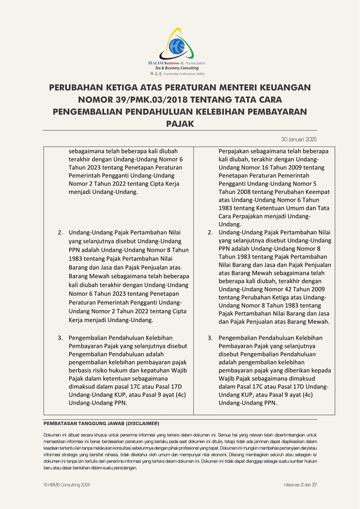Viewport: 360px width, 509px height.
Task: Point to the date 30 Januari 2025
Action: [x=298, y=139]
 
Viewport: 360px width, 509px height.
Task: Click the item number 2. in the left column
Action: [x=60, y=233]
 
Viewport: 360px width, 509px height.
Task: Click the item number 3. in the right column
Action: [x=210, y=338]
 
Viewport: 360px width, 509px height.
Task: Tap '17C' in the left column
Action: [x=140, y=387]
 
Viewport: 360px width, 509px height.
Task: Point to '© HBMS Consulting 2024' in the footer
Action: [x=67, y=485]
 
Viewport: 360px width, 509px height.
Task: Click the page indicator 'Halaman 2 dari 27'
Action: [x=300, y=485]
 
